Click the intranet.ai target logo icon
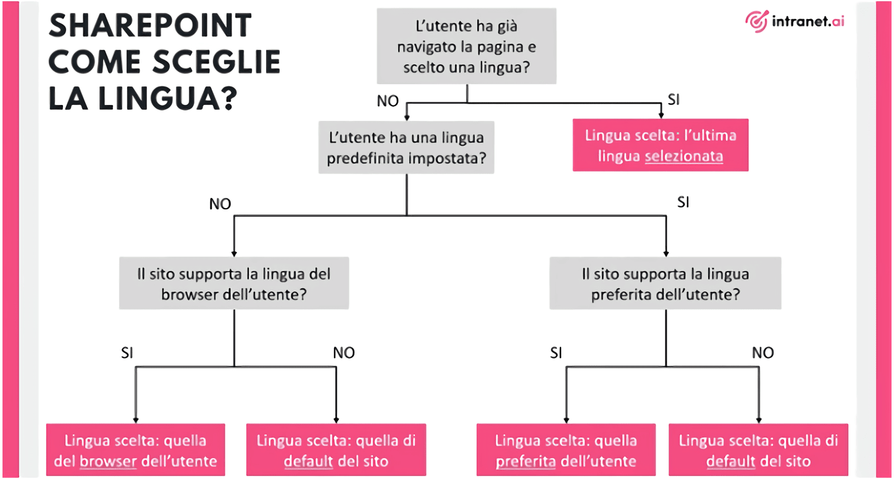(x=756, y=21)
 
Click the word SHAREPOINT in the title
(x=150, y=25)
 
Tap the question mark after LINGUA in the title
(x=228, y=98)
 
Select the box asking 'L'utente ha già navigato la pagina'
(x=466, y=46)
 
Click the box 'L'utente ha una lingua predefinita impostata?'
(x=406, y=148)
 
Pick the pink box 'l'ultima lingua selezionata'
(x=661, y=145)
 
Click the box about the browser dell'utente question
(x=234, y=283)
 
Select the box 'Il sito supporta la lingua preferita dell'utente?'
(x=666, y=283)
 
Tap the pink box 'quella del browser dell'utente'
(x=136, y=450)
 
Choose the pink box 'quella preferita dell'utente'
(x=566, y=450)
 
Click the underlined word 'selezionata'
(x=684, y=156)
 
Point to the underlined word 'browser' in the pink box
(x=108, y=462)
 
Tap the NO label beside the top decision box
(x=388, y=101)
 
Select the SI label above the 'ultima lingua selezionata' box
(x=674, y=99)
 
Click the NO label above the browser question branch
(x=220, y=204)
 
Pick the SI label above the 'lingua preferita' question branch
(x=683, y=202)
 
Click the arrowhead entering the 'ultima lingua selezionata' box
(x=661, y=115)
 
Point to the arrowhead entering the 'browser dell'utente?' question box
(x=234, y=254)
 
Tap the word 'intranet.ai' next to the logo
(x=808, y=21)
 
